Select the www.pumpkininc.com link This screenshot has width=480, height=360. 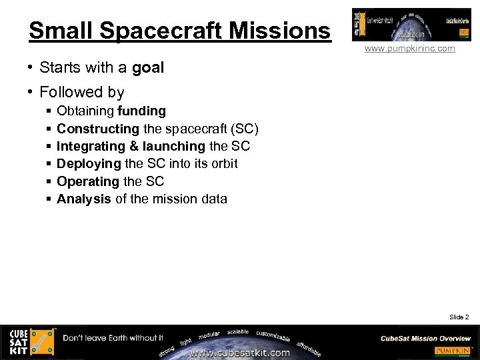pos(409,49)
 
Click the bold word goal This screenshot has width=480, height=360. pos(148,67)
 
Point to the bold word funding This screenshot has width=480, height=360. pos(141,111)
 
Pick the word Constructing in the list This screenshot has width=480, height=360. pos(98,129)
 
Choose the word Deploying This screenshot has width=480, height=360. pos(89,163)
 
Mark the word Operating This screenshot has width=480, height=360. pos(88,181)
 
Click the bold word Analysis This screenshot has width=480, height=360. pos(84,199)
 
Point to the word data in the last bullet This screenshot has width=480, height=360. pos(213,199)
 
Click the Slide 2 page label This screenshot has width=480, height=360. pos(459,317)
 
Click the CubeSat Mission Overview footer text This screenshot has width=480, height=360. pos(425,338)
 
